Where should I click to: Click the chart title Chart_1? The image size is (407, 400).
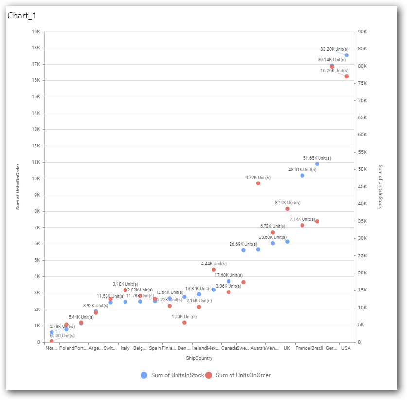pyautogui.click(x=22, y=16)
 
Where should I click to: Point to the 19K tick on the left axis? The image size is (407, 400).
pyautogui.click(x=35, y=32)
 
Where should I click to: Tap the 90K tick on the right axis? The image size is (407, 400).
pyautogui.click(x=362, y=32)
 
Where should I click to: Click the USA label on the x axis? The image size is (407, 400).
pyautogui.click(x=346, y=348)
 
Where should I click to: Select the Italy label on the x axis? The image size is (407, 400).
pyautogui.click(x=125, y=348)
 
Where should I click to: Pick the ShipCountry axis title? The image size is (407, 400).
pyautogui.click(x=199, y=358)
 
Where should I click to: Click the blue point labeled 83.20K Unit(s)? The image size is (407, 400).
pyautogui.click(x=346, y=55)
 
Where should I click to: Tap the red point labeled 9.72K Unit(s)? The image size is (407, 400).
pyautogui.click(x=258, y=183)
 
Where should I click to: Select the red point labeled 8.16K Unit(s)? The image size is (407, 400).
pyautogui.click(x=287, y=209)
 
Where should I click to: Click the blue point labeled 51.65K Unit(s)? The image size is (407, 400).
pyautogui.click(x=317, y=164)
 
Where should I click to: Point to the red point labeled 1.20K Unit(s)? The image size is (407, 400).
pyautogui.click(x=184, y=323)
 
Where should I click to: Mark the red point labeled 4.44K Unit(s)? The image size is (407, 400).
pyautogui.click(x=214, y=270)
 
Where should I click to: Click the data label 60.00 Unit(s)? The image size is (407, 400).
pyautogui.click(x=62, y=336)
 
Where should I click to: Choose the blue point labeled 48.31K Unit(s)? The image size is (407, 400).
pyautogui.click(x=302, y=175)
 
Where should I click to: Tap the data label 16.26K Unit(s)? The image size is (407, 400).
pyautogui.click(x=334, y=71)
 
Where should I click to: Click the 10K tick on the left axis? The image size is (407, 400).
pyautogui.click(x=35, y=179)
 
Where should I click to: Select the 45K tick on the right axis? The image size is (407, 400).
pyautogui.click(x=362, y=187)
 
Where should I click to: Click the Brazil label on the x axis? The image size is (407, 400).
pyautogui.click(x=317, y=348)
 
